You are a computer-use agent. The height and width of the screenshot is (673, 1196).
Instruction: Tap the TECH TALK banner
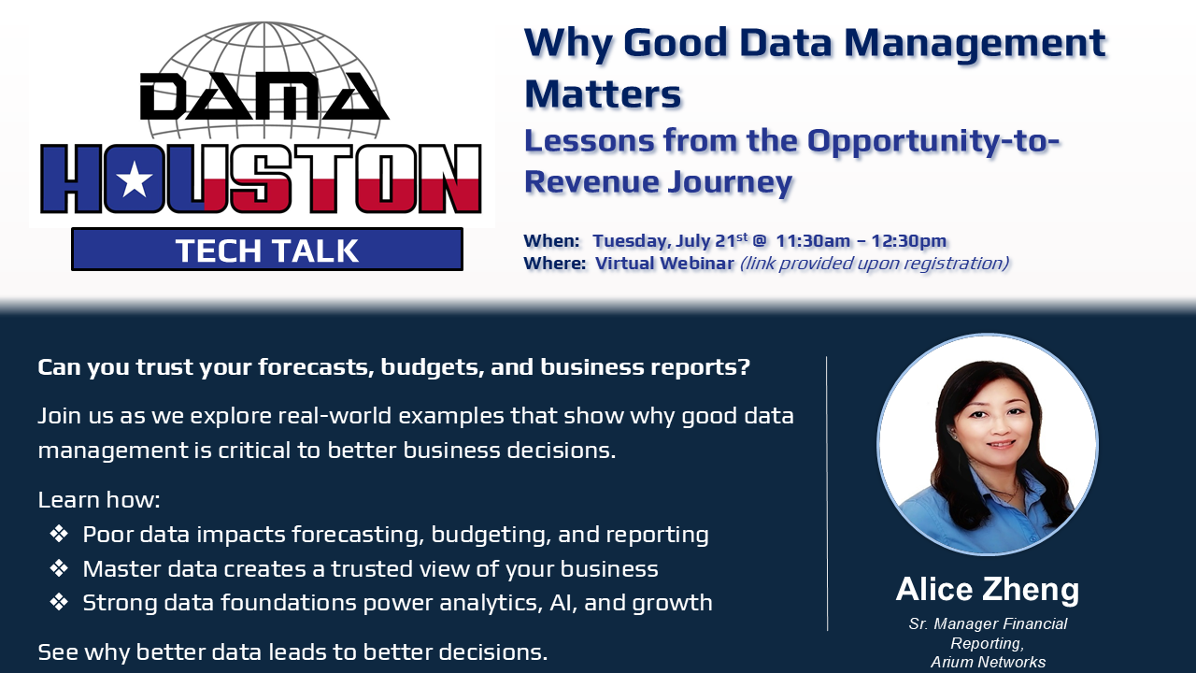pyautogui.click(x=267, y=250)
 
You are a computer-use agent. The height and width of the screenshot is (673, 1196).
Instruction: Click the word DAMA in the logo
pyautogui.click(x=263, y=95)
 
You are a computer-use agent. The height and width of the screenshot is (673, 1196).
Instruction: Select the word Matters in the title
pyautogui.click(x=604, y=94)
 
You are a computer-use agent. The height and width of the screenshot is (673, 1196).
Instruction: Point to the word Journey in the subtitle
pyautogui.click(x=730, y=182)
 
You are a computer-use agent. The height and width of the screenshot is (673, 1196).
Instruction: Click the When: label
pyautogui.click(x=551, y=241)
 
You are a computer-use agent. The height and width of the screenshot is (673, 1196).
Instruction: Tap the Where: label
pyautogui.click(x=555, y=264)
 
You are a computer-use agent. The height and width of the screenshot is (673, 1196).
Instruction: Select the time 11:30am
pyautogui.click(x=813, y=241)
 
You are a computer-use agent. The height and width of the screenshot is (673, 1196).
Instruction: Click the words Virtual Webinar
pyautogui.click(x=664, y=264)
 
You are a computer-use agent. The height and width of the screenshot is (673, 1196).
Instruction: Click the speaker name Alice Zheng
pyautogui.click(x=988, y=590)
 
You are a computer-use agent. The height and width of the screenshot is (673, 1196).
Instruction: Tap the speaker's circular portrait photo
pyautogui.click(x=988, y=444)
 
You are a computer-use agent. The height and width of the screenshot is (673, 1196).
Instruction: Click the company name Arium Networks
pyautogui.click(x=988, y=663)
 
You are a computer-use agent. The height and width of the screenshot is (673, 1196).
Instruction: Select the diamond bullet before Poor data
pyautogui.click(x=59, y=534)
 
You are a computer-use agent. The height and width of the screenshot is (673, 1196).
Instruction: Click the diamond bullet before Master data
pyautogui.click(x=59, y=567)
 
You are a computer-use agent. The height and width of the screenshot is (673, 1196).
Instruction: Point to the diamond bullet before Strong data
pyautogui.click(x=59, y=602)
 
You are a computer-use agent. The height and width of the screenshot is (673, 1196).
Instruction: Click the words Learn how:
pyautogui.click(x=99, y=500)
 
